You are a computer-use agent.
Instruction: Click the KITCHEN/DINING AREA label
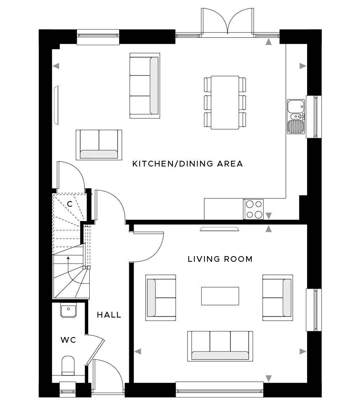point(188,164)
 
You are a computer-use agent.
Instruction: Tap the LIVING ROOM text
point(220,259)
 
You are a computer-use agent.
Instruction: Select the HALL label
point(109,315)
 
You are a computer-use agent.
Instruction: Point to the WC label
point(68,340)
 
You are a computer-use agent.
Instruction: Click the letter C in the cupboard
point(69,204)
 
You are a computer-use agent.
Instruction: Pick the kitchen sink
point(296,117)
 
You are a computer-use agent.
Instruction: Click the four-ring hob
point(253,209)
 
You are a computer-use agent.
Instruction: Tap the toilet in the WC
point(68,365)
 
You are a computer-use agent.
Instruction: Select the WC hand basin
point(68,310)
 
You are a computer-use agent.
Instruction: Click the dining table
point(225,102)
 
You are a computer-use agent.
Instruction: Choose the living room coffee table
point(220,296)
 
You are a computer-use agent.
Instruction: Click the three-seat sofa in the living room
point(220,346)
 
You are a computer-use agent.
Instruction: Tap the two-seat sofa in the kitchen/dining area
point(99,145)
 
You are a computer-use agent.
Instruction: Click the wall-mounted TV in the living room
point(220,229)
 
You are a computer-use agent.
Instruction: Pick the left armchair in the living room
point(161,298)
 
